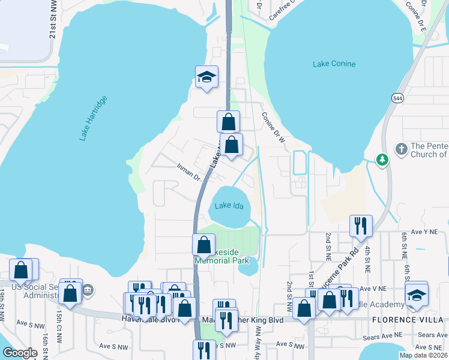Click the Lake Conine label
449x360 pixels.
(x=334, y=64)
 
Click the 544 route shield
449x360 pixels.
(x=397, y=98)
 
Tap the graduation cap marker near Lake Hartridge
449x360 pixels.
(x=206, y=77)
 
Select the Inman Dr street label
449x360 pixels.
(x=188, y=172)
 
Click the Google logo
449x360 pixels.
(x=20, y=353)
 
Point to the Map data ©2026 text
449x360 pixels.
(x=424, y=355)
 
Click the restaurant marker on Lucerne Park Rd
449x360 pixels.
(x=361, y=226)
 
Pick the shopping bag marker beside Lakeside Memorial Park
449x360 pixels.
(x=203, y=244)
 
